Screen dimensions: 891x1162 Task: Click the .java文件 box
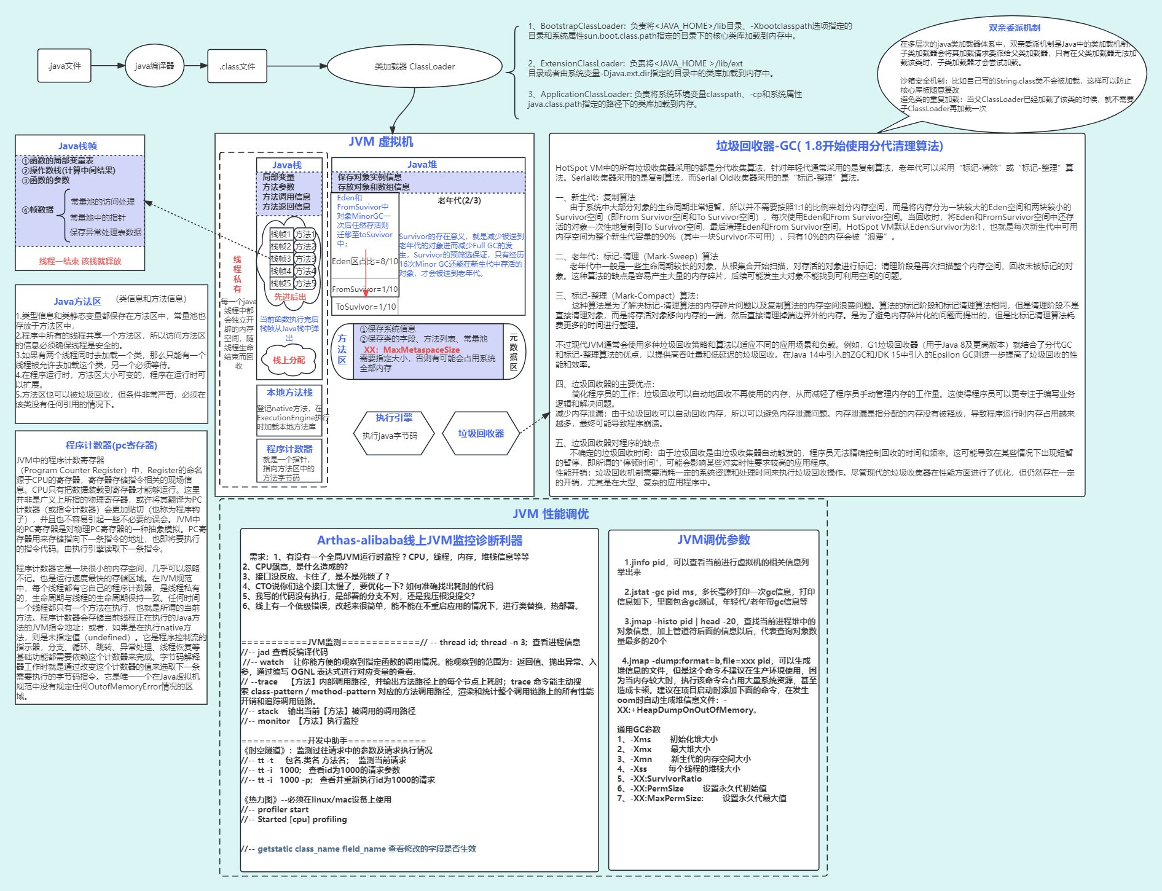[x=65, y=66]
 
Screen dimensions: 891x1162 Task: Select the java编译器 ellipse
[x=154, y=66]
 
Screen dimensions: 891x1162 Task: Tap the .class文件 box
[x=237, y=66]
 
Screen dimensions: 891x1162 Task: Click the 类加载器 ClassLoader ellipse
[x=415, y=66]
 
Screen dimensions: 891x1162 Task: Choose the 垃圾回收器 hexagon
[x=481, y=433]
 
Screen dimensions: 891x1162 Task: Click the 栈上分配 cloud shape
[x=289, y=360]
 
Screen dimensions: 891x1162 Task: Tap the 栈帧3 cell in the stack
[x=281, y=259]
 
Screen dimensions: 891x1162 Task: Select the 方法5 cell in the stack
[x=305, y=283]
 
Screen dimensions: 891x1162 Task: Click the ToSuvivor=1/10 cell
[x=366, y=307]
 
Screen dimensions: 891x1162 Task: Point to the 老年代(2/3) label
[x=459, y=200]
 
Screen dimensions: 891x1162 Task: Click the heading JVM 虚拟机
[x=381, y=142]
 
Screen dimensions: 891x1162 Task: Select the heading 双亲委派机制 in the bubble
[x=1014, y=28]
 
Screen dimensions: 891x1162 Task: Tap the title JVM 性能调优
[x=551, y=514]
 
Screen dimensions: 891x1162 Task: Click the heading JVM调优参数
[x=713, y=540]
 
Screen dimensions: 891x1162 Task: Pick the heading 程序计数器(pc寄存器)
[x=111, y=445]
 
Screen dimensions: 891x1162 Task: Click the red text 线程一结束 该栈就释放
[x=80, y=261]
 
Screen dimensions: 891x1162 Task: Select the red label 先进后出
[x=290, y=297]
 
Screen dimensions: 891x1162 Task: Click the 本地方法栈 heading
[x=289, y=393]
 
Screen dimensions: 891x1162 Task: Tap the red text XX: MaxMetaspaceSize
[x=412, y=350]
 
